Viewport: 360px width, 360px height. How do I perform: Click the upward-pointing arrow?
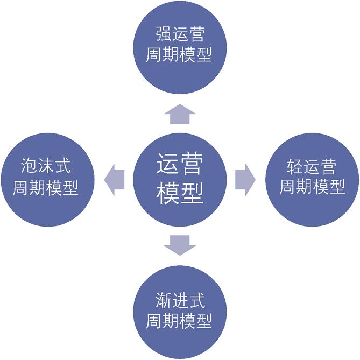click(180, 114)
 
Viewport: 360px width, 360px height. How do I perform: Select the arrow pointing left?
click(114, 180)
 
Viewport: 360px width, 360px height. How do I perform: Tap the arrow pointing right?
click(245, 180)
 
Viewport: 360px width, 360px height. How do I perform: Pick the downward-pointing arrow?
click(180, 245)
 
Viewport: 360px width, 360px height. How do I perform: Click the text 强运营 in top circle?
click(180, 34)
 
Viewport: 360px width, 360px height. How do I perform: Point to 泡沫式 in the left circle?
click(45, 166)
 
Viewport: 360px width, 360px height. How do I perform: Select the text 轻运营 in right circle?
click(312, 167)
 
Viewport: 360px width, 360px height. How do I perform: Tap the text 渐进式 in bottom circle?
click(180, 300)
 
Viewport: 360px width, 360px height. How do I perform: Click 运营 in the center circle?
click(180, 164)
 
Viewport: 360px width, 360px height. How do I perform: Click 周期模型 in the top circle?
click(179, 55)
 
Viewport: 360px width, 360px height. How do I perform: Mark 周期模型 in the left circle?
click(45, 188)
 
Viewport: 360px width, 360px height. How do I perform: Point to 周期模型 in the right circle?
click(312, 186)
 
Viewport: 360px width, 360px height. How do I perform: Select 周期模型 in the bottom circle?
click(179, 321)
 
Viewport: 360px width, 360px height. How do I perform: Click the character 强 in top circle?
click(164, 34)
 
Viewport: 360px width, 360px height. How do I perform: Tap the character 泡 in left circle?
click(29, 166)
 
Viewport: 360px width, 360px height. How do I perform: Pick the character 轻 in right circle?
click(295, 167)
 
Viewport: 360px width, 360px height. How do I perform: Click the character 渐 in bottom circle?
click(163, 300)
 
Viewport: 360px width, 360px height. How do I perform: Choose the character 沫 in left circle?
click(45, 166)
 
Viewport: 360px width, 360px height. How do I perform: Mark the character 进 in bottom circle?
click(180, 300)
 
